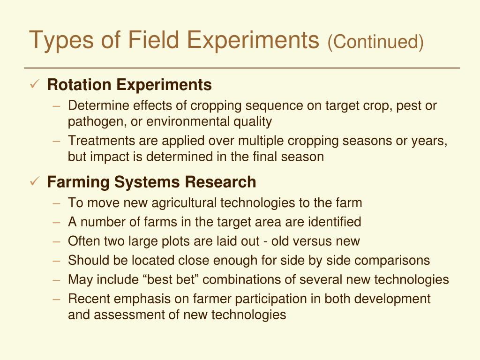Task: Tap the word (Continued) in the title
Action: tap(375, 42)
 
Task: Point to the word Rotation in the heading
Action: tap(79, 85)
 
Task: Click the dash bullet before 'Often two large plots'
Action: tap(57, 241)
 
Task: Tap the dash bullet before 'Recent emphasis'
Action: tap(57, 299)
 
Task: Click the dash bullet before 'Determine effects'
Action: tap(57, 105)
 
